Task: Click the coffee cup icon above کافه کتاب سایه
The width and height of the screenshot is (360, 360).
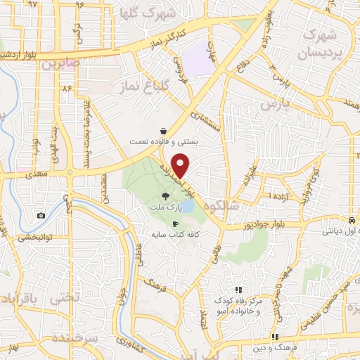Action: pos(165,224)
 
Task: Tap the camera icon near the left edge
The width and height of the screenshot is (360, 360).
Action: pos(41,215)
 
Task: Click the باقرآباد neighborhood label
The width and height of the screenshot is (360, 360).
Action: pos(15,298)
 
